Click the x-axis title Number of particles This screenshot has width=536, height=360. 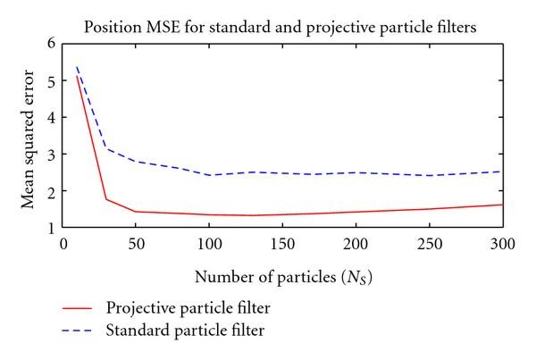coord(283,275)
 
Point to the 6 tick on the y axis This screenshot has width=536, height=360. coord(51,43)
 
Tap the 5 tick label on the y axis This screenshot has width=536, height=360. coord(51,80)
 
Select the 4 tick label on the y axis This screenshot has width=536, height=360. coord(51,117)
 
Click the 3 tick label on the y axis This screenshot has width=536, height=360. coord(51,155)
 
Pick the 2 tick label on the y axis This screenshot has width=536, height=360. coord(51,191)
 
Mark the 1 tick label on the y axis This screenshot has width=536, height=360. coord(51,228)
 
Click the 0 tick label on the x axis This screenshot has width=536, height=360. coord(63,243)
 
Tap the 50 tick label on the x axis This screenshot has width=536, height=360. coord(136,243)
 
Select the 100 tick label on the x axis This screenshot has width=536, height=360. coord(209,243)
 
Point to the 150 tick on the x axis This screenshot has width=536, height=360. coord(282,243)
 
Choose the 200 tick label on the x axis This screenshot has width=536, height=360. coord(356,243)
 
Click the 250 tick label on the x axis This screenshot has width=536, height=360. coord(429,243)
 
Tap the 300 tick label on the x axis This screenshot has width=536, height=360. coord(502,243)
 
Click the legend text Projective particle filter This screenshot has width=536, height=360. coord(188,309)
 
